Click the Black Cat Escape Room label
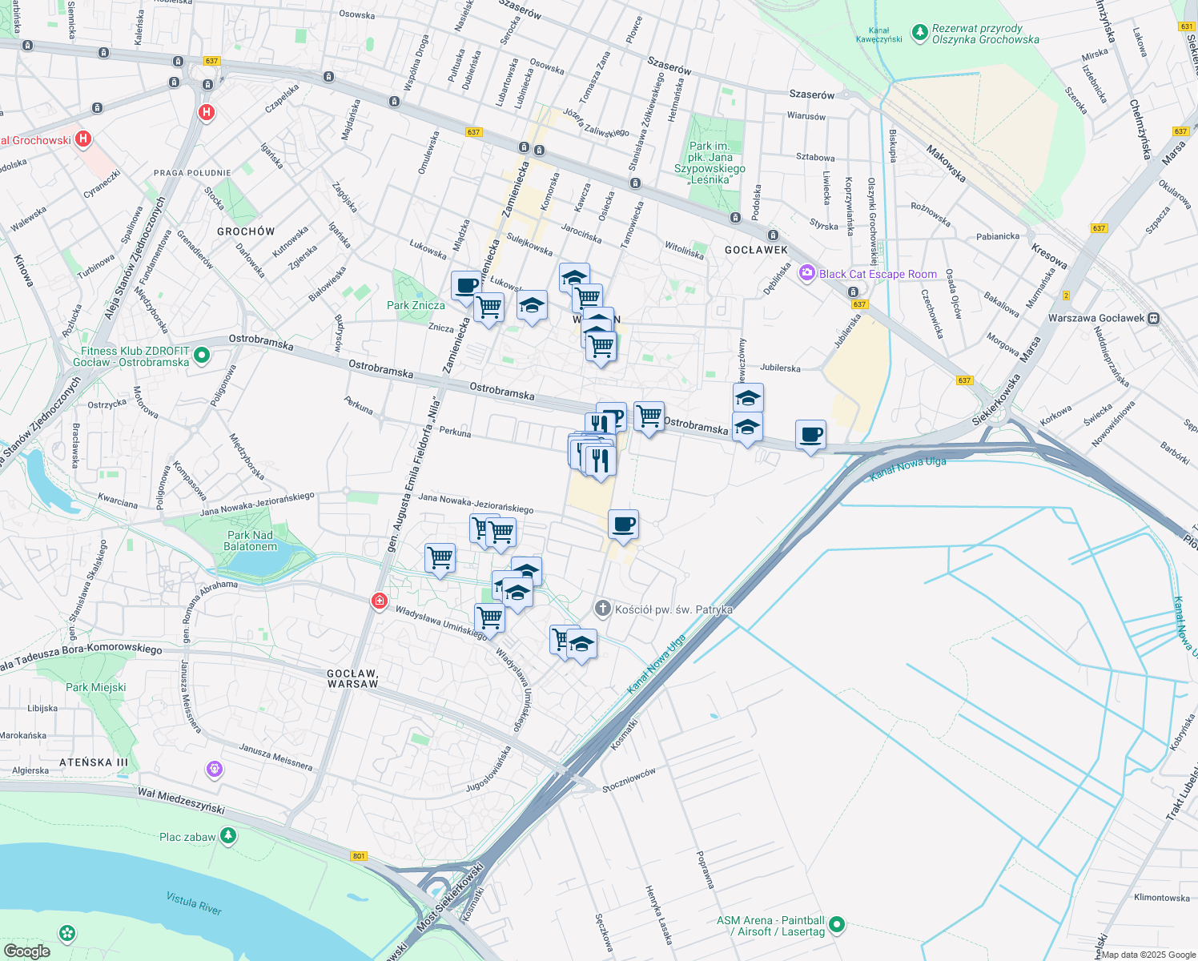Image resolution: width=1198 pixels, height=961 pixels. [878, 274]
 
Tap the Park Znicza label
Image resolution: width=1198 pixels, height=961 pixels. [416, 305]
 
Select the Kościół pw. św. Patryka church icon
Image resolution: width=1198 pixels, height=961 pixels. [603, 609]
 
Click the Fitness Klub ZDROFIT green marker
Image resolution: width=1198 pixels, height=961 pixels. [202, 355]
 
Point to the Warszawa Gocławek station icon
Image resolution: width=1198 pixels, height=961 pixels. [1153, 318]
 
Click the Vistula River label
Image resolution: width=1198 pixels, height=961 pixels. [194, 903]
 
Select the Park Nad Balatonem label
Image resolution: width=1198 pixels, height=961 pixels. [251, 541]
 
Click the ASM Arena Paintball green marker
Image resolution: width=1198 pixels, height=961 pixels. [837, 925]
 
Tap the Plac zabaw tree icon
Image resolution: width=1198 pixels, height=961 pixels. [229, 836]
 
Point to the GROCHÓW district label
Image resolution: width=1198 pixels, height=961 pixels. [246, 231]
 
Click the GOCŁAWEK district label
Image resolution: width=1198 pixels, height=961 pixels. [756, 250]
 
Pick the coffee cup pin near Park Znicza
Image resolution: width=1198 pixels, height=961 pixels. [466, 286]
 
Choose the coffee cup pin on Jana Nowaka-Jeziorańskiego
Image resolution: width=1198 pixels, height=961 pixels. [623, 525]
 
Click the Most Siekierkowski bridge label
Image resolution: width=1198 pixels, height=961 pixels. [450, 897]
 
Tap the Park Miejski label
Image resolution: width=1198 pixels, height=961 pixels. [96, 687]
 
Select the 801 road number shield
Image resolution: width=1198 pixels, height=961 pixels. [359, 856]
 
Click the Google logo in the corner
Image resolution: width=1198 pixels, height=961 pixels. [26, 951]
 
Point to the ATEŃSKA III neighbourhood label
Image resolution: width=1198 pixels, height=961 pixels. [94, 762]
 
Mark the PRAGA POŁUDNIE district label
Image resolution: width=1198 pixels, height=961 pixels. [192, 173]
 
